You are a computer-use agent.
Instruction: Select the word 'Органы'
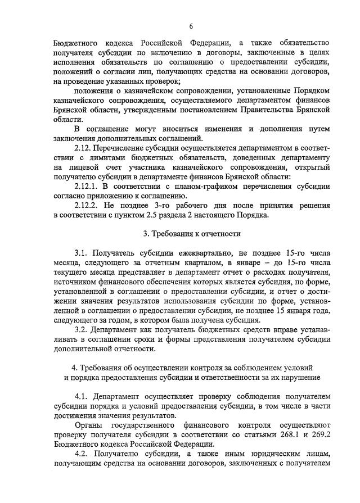tap(89, 425)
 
